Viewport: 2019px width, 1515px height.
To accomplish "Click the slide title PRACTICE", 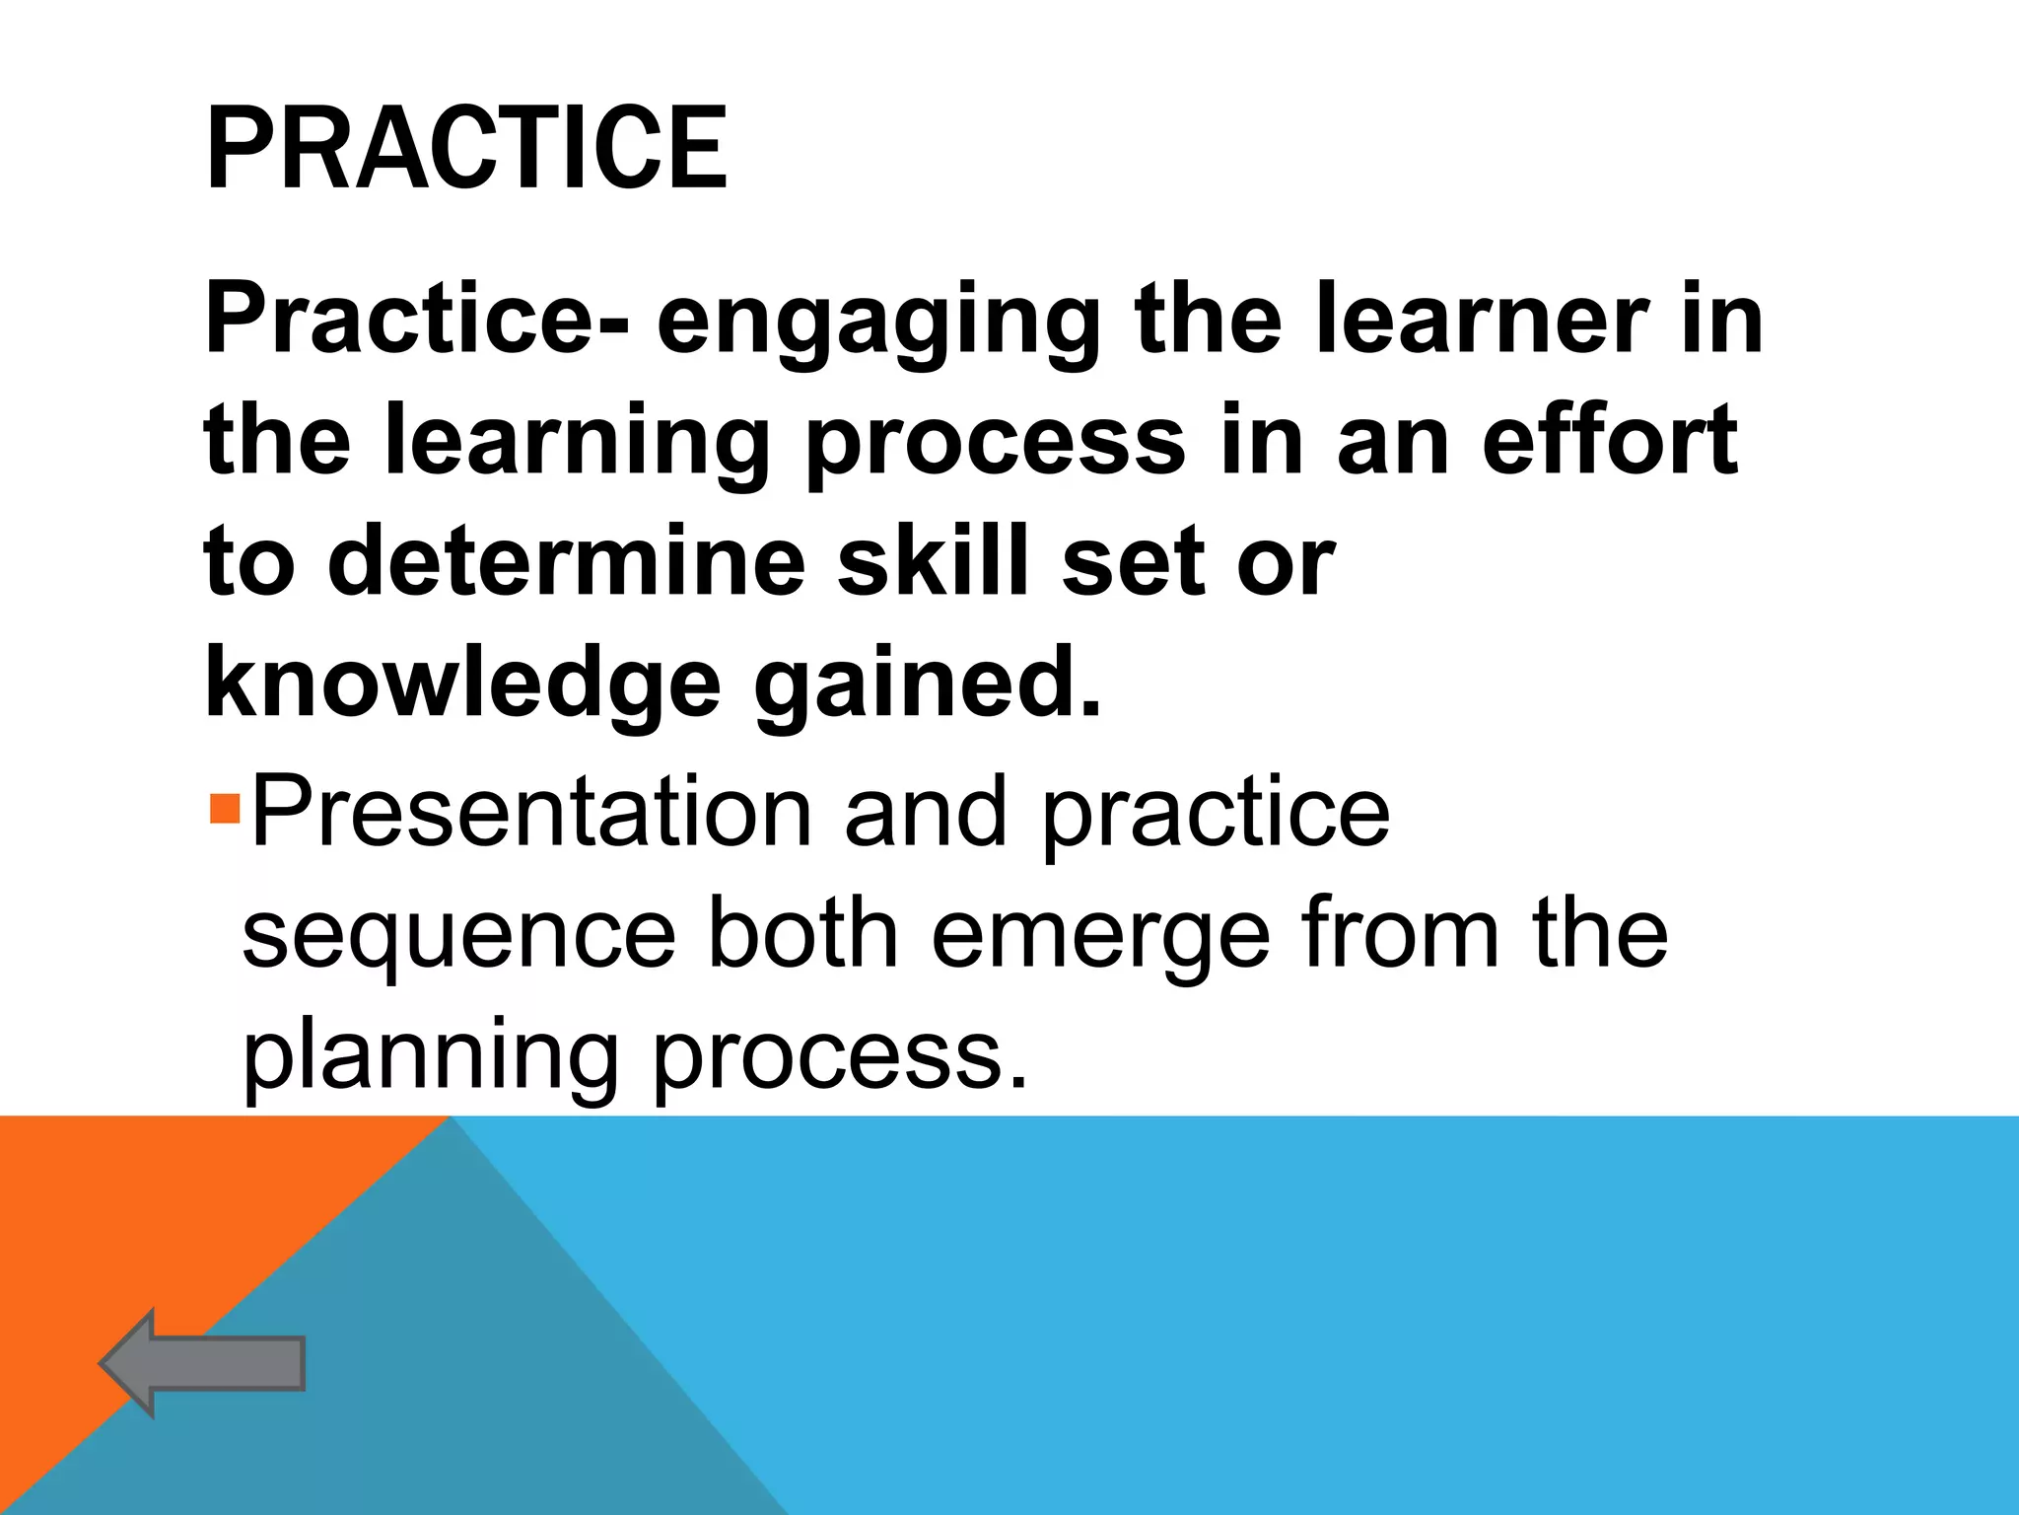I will click(466, 149).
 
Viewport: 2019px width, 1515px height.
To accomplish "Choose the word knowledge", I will click(463, 684).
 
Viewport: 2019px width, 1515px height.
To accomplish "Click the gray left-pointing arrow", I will click(202, 1363).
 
